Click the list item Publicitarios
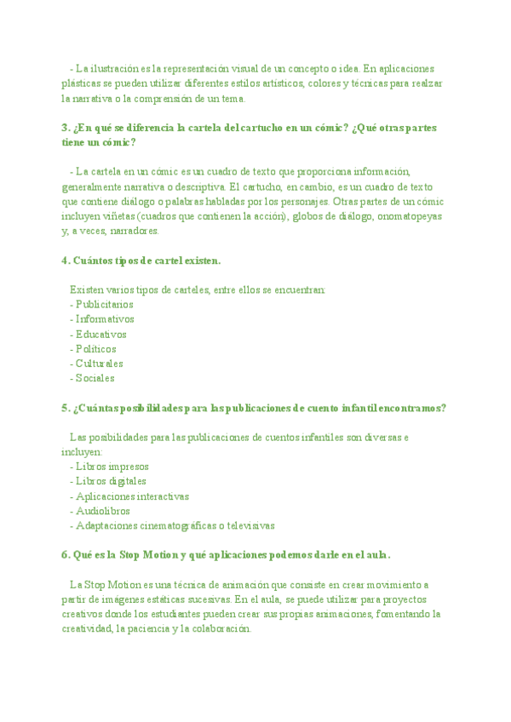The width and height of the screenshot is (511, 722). coord(104,304)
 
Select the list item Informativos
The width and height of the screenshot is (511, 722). coord(104,319)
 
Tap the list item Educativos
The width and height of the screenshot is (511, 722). coord(100,334)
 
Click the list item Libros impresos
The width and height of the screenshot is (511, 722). coord(112,467)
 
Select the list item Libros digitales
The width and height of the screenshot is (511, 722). coord(111,481)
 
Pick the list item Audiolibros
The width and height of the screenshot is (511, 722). coord(102,511)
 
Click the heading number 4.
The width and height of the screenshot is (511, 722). coord(66,261)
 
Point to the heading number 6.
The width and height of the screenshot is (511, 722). coord(66,555)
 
